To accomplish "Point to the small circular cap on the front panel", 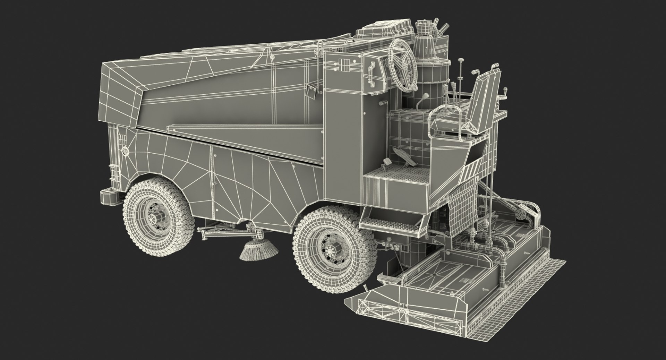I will [x=125, y=151].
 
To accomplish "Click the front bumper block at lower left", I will [x=110, y=197].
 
